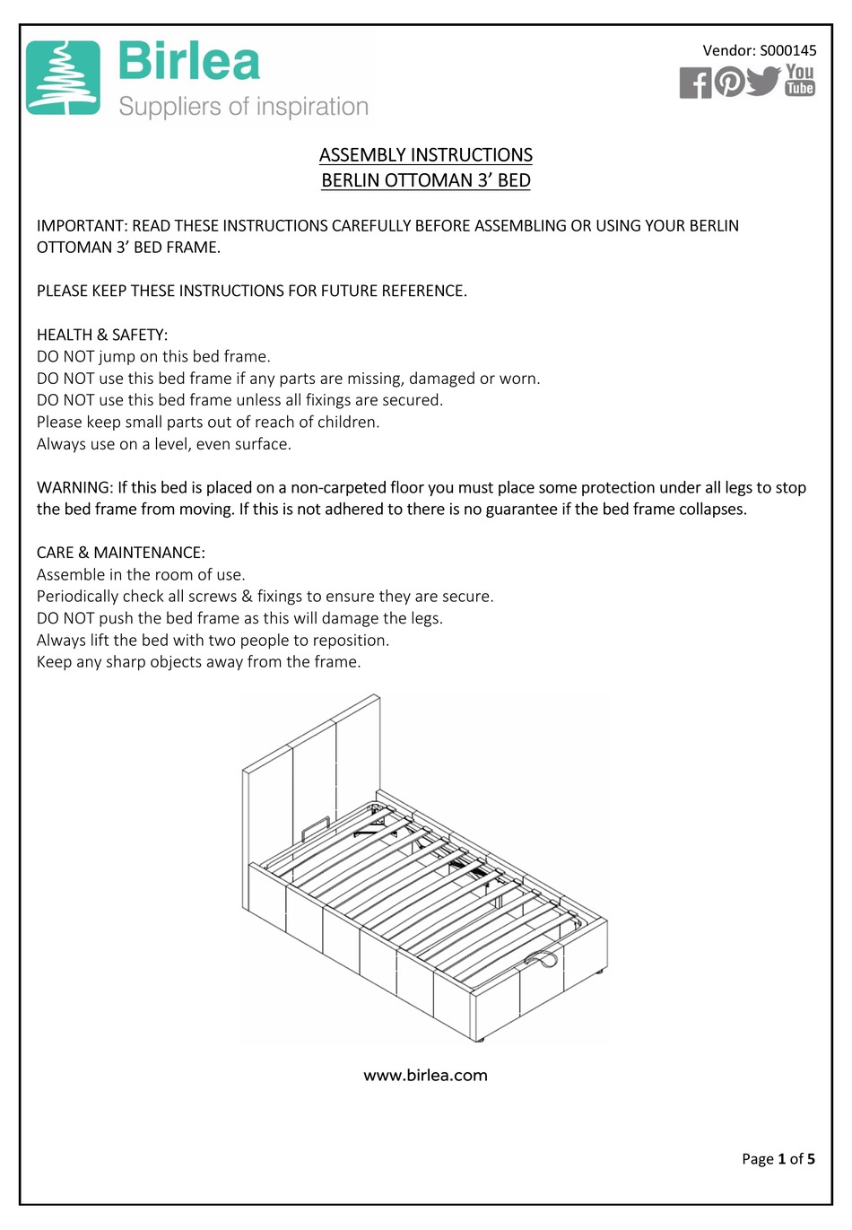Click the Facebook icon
coord(695,83)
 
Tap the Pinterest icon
coord(729,82)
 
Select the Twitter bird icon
coord(763,81)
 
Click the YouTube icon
coord(800,80)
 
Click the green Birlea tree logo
coord(63,78)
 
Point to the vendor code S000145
coord(788,50)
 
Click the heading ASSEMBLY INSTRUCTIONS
coord(426,155)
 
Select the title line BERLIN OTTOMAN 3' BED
coord(426,180)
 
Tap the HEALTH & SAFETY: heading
coord(102,335)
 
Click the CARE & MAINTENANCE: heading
coord(121,553)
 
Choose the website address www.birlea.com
coord(426,1075)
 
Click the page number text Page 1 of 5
coord(778,1158)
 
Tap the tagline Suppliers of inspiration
coord(244,107)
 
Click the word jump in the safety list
coord(117,356)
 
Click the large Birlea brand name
coord(189,63)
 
